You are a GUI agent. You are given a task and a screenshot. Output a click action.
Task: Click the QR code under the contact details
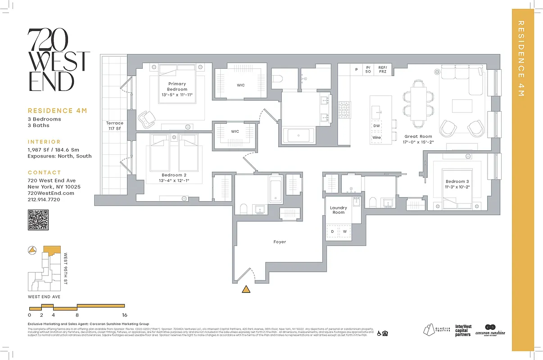pyautogui.click(x=38, y=220)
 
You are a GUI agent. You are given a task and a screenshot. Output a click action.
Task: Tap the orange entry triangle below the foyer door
pyautogui.click(x=245, y=289)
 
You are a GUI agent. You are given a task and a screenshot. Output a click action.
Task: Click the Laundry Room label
pyautogui.click(x=339, y=210)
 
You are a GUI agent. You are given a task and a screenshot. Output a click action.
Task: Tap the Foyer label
pyautogui.click(x=280, y=242)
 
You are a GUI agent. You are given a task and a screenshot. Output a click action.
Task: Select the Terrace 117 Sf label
pyautogui.click(x=114, y=126)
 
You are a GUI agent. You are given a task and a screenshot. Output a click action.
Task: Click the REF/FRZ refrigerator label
pyautogui.click(x=382, y=69)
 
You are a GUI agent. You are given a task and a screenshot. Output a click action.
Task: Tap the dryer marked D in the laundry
pyautogui.click(x=333, y=232)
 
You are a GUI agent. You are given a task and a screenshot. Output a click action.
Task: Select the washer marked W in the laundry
pyautogui.click(x=344, y=232)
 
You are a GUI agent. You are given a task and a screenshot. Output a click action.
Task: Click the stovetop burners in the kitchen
pyautogui.click(x=344, y=108)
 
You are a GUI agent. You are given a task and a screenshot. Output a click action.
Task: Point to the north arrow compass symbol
pyautogui.click(x=32, y=251)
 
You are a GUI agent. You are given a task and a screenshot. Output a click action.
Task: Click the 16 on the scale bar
pyautogui.click(x=124, y=315)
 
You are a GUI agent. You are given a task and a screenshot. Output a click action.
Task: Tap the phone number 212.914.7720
pyautogui.click(x=44, y=199)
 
